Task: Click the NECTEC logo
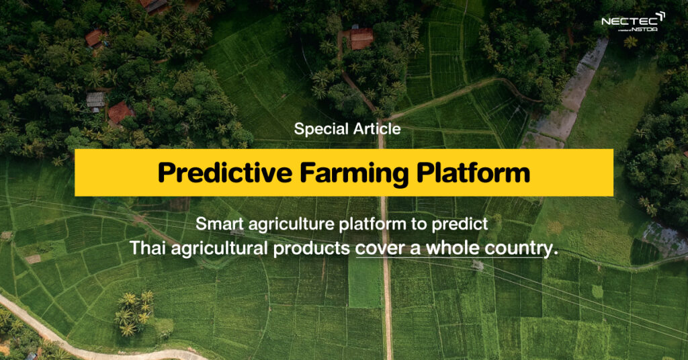click(x=633, y=22)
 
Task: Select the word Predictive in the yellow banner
click(x=225, y=173)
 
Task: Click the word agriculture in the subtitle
click(x=292, y=224)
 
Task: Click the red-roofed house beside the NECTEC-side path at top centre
click(x=361, y=38)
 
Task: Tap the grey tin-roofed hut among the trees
click(x=95, y=99)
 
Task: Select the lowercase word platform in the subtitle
click(x=374, y=224)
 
